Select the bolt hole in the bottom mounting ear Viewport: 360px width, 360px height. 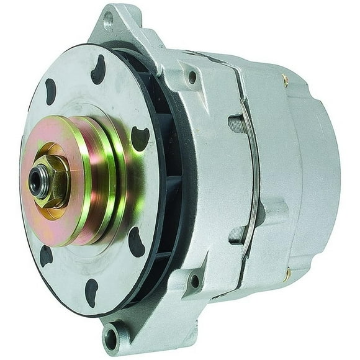(x=112, y=339)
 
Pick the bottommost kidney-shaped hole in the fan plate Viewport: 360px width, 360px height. (x=92, y=292)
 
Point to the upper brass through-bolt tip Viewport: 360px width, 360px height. (x=284, y=79)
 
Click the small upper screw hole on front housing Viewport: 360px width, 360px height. (x=192, y=78)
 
